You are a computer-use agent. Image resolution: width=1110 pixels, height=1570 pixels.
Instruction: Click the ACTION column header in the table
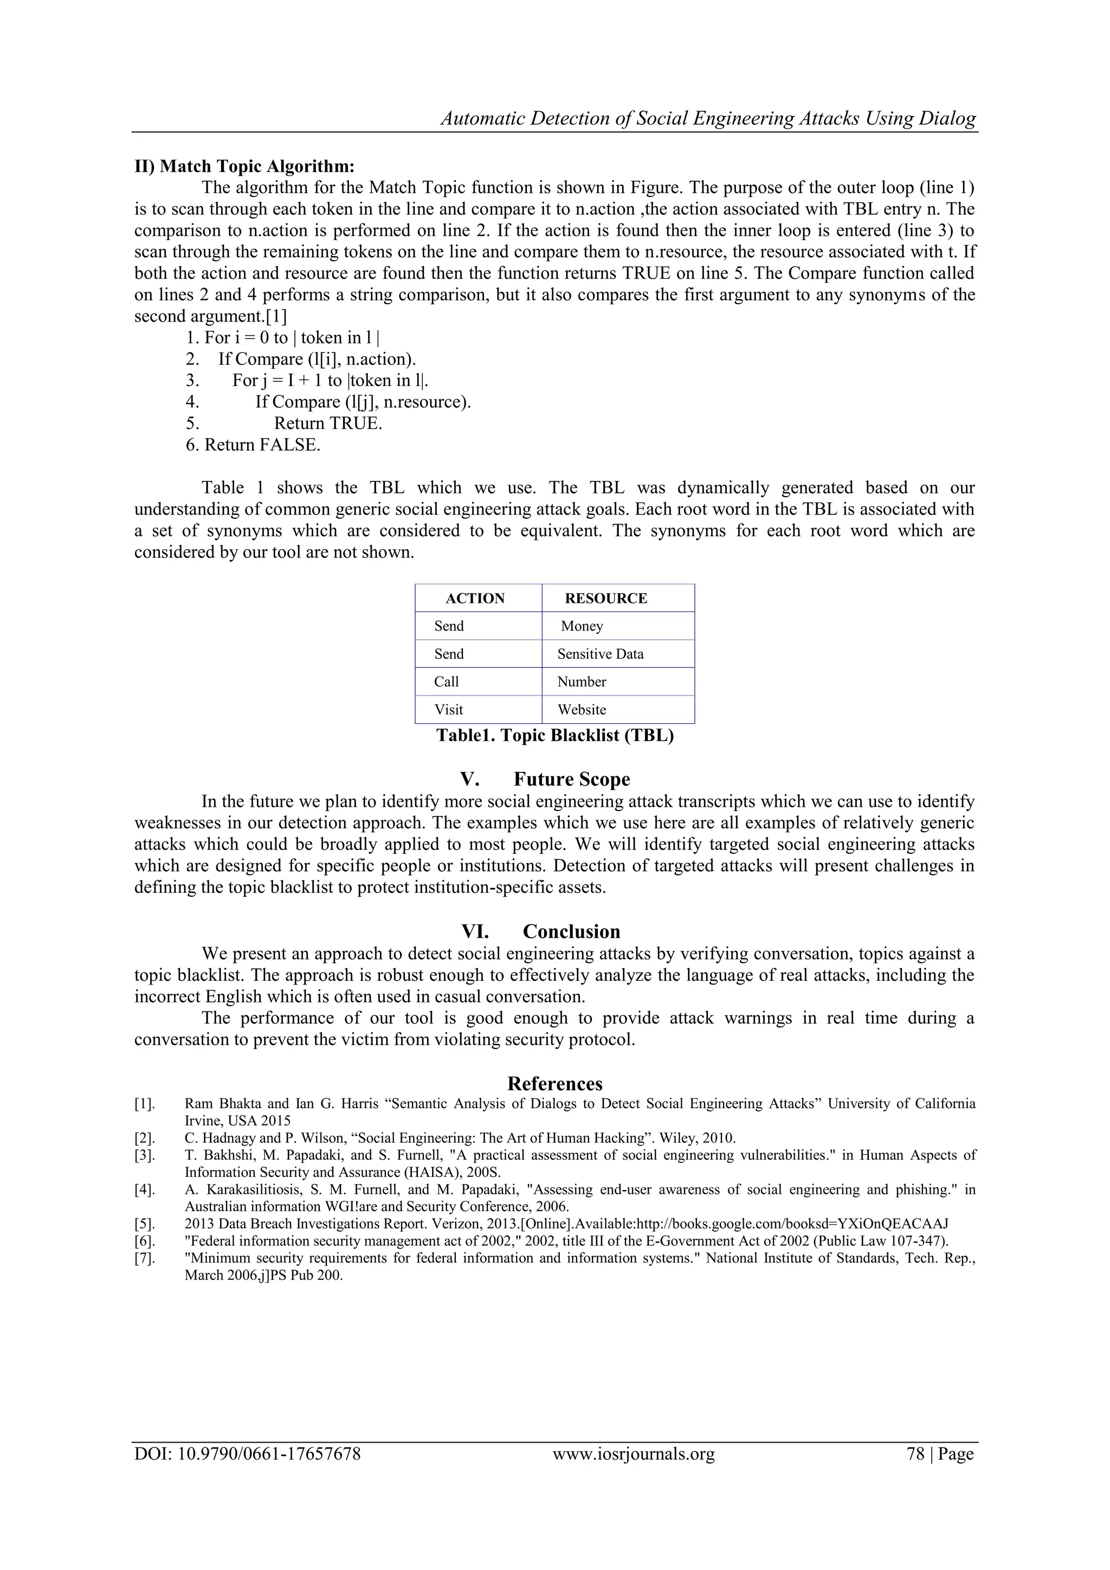coord(475,599)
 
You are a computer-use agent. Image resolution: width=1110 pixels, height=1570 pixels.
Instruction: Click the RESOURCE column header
coord(605,599)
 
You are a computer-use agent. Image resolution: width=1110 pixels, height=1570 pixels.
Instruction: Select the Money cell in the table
coord(582,626)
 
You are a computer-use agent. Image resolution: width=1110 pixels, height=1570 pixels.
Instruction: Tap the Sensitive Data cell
coord(600,654)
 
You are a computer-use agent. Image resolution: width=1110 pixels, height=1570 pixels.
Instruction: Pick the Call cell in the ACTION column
coord(446,682)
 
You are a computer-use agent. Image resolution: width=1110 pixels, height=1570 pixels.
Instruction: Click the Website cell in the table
coord(582,710)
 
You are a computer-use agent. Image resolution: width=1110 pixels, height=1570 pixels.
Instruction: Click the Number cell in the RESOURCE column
coord(582,682)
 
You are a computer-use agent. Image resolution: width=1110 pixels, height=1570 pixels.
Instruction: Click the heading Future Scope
coord(571,780)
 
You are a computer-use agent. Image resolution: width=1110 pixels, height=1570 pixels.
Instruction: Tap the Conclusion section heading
coord(571,931)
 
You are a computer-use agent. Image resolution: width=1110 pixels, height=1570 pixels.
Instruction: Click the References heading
coord(555,1084)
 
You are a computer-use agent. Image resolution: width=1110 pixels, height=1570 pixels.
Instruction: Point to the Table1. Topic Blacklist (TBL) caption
coord(555,736)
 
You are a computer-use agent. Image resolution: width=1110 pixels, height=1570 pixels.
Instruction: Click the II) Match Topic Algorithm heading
coord(244,166)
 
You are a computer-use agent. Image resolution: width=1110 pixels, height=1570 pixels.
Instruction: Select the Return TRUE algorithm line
coord(327,423)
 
